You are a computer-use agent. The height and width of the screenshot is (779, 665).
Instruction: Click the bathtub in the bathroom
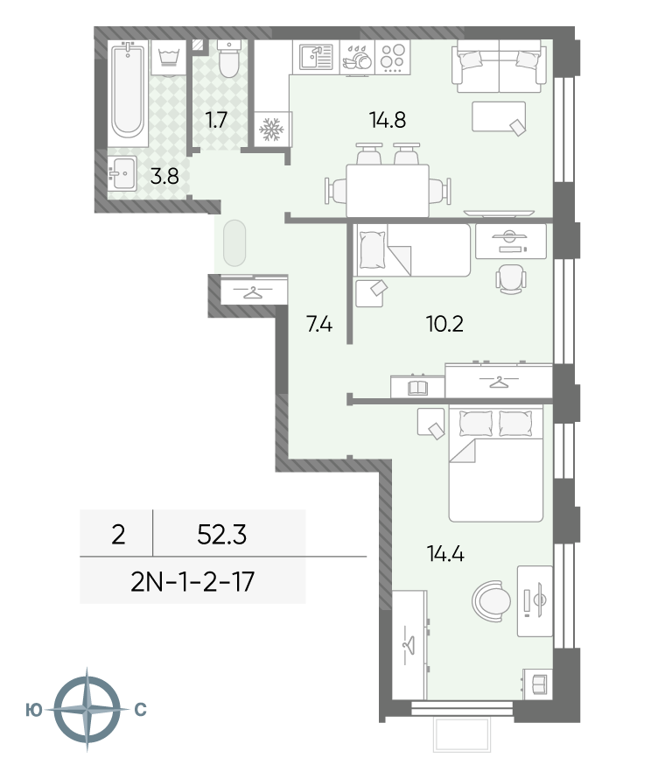pyautogui.click(x=128, y=94)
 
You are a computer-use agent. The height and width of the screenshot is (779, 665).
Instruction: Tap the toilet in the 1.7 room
pyautogui.click(x=229, y=60)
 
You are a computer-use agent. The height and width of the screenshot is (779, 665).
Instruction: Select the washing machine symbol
pyautogui.click(x=169, y=58)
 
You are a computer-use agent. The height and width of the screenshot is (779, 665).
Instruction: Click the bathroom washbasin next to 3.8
pyautogui.click(x=122, y=173)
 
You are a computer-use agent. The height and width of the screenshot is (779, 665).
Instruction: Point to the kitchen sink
pyautogui.click(x=317, y=57)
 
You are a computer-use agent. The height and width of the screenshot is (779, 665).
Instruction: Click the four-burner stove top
pyautogui.click(x=393, y=57)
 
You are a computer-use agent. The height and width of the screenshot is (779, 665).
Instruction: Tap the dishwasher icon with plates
pyautogui.click(x=357, y=59)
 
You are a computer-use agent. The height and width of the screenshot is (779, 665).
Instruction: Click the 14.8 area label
pyautogui.click(x=388, y=120)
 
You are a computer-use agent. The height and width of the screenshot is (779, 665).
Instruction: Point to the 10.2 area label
pyautogui.click(x=444, y=325)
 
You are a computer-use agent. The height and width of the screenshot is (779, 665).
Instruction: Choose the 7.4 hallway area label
pyautogui.click(x=319, y=325)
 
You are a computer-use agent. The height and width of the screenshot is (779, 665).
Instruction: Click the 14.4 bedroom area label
pyautogui.click(x=445, y=553)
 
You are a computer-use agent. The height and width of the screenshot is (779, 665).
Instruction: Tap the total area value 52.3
pyautogui.click(x=221, y=535)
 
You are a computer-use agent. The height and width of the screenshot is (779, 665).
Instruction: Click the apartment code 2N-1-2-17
pyautogui.click(x=192, y=582)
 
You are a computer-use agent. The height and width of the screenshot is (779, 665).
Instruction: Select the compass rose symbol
pyautogui.click(x=87, y=710)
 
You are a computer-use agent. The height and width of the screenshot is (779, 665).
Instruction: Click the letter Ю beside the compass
pyautogui.click(x=34, y=711)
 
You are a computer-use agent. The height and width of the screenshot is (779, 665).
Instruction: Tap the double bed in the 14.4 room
pyautogui.click(x=495, y=463)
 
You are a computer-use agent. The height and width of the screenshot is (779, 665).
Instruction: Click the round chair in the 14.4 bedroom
pyautogui.click(x=491, y=601)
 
